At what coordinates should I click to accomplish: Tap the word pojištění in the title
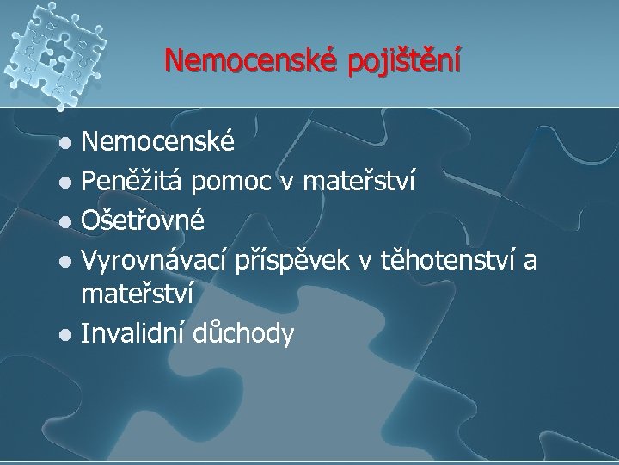tap(403, 62)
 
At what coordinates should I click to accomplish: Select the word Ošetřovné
tap(142, 220)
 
